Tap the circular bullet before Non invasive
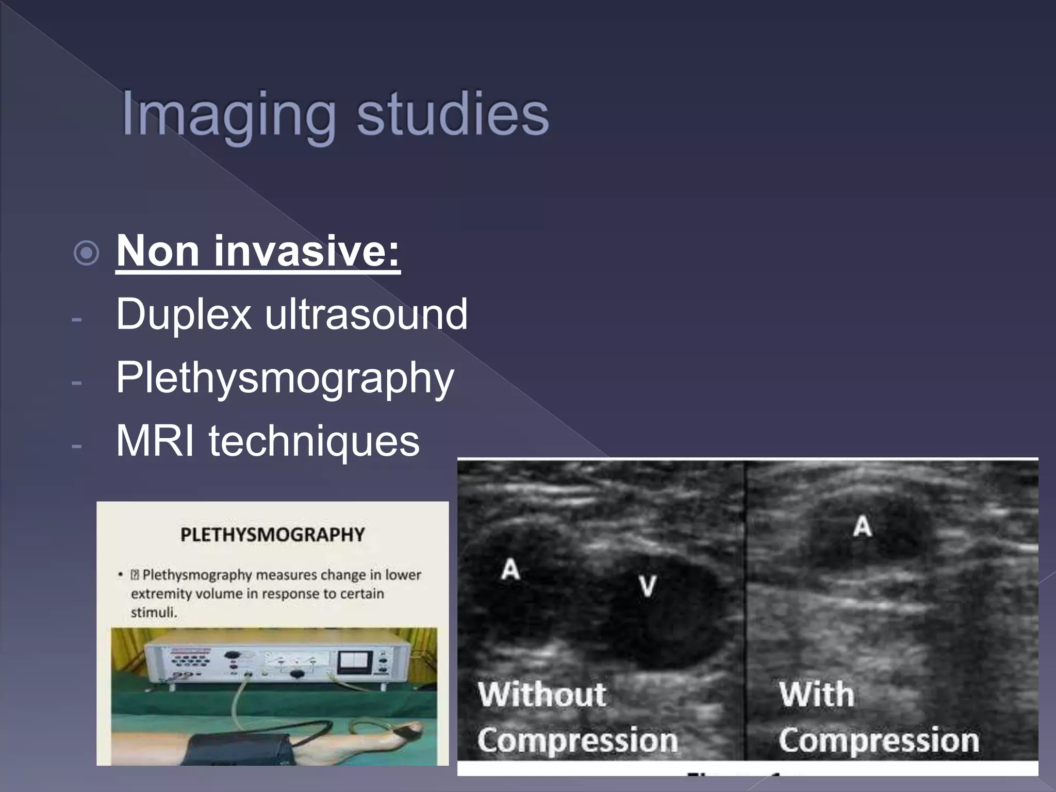[86, 253]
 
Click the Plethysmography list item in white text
[285, 378]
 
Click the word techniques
[314, 441]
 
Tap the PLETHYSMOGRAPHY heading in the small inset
[272, 535]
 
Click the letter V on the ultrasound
[647, 586]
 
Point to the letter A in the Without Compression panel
[510, 569]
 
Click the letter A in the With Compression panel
[862, 526]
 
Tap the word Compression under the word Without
[577, 740]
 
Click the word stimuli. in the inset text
[154, 613]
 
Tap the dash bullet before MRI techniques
[77, 445]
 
